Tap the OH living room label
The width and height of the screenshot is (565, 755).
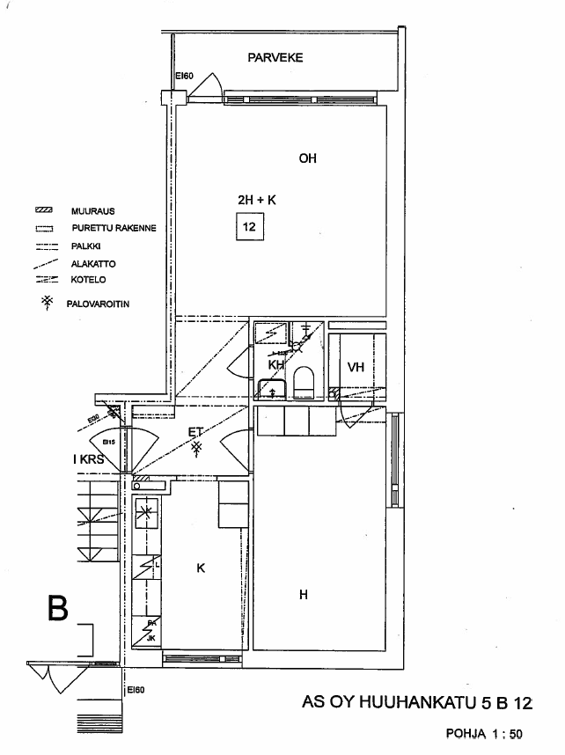(x=307, y=159)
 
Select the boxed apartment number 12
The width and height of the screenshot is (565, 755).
(x=249, y=228)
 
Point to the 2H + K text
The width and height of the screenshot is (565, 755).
(x=256, y=201)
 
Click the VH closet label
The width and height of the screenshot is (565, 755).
(x=356, y=368)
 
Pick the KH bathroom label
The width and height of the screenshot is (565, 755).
(x=275, y=364)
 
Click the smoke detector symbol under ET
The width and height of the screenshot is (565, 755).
(x=198, y=449)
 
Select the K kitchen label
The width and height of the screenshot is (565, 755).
(x=201, y=568)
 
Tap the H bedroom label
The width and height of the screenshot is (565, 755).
(x=304, y=595)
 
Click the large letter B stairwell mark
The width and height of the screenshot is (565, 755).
(x=57, y=609)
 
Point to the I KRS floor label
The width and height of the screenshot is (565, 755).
(x=88, y=459)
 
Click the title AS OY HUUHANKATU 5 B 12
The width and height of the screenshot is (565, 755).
(x=417, y=703)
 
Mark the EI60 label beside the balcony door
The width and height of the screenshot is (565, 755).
(x=184, y=77)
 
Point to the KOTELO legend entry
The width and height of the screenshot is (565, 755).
(x=89, y=281)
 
